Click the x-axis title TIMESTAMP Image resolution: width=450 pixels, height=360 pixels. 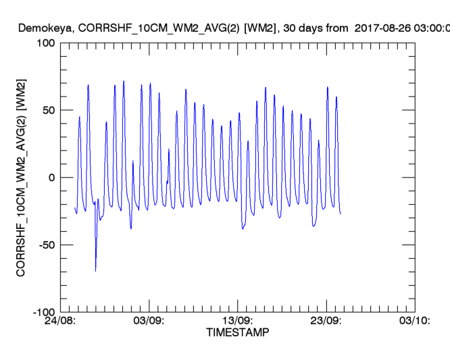point(237,333)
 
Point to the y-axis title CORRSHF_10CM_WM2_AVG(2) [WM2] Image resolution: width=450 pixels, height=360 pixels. point(22,177)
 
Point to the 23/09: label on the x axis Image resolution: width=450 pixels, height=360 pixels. point(326,322)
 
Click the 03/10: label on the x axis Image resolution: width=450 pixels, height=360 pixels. point(415,322)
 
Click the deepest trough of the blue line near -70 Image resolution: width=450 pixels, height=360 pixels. point(96,271)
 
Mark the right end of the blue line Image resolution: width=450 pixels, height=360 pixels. point(341,213)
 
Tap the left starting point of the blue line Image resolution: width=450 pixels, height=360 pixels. point(74,207)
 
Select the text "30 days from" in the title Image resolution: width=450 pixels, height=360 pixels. point(319,28)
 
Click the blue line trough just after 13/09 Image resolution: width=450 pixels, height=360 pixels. point(243,229)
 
